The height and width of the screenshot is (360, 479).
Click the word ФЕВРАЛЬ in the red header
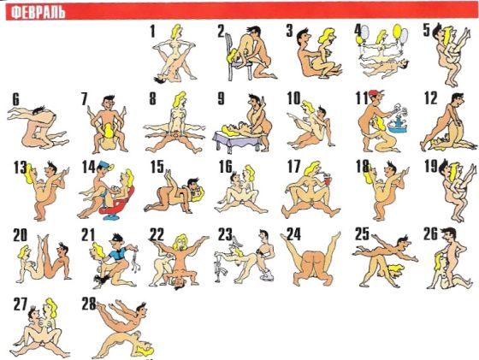(38, 13)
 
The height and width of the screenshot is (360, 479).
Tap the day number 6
(15, 99)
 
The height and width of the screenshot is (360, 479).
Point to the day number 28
(89, 304)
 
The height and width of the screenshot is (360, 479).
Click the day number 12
(431, 98)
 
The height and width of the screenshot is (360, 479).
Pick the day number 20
(20, 235)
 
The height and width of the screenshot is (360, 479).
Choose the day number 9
(221, 98)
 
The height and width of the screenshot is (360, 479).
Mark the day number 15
(157, 167)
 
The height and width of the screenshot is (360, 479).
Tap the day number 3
(289, 31)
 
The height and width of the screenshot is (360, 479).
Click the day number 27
(21, 304)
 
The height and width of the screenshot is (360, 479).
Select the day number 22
(157, 235)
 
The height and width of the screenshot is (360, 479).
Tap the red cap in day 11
(376, 92)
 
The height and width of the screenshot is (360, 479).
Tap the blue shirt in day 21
(118, 254)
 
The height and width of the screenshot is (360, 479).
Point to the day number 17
(294, 167)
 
